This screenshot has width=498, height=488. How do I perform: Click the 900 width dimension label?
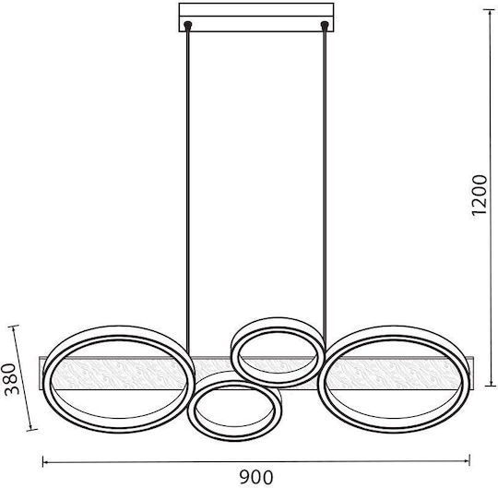(x=256, y=477)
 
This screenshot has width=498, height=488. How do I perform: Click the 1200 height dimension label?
(x=480, y=195)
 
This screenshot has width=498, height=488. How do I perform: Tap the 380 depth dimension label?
(x=11, y=379)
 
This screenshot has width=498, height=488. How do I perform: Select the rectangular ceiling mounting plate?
(x=256, y=18)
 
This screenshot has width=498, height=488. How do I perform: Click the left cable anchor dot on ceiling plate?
(x=188, y=24)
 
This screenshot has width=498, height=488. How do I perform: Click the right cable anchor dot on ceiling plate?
(x=325, y=24)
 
